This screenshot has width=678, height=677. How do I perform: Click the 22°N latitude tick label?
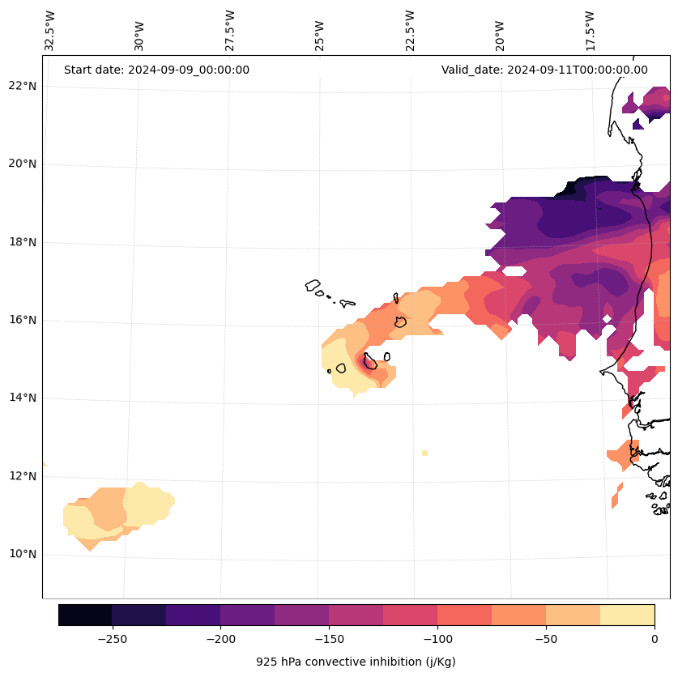coord(23,86)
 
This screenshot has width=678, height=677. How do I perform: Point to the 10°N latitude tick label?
coord(23,554)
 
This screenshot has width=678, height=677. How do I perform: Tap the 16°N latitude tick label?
coord(23,320)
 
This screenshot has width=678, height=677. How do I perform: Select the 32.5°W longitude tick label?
coord(50,31)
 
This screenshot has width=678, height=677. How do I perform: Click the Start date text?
coord(156,70)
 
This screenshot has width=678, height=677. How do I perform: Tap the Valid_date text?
coord(544,70)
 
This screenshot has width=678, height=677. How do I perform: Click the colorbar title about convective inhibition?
coord(356,662)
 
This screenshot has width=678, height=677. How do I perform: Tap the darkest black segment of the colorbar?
coord(85,615)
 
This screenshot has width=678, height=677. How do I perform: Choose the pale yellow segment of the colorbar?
coord(627,615)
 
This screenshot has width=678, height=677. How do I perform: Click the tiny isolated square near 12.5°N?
coord(424,453)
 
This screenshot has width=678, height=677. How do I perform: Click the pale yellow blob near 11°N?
coord(148,502)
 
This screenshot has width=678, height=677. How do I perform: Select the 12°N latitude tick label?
coord(23,476)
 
